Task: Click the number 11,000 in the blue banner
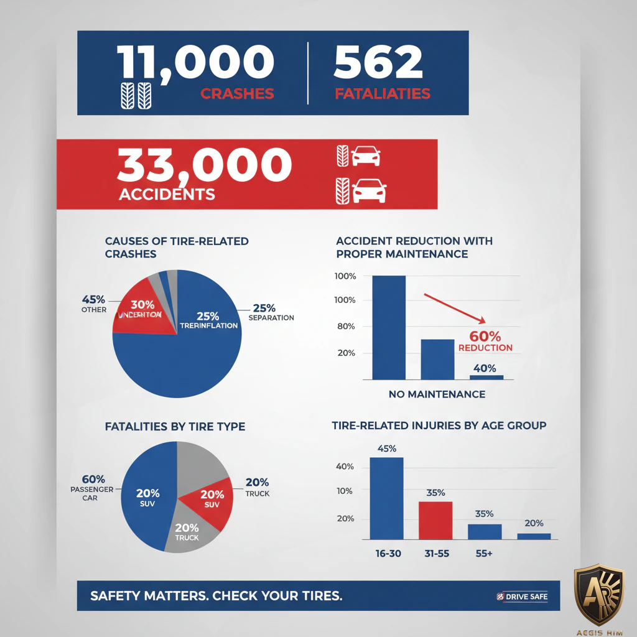pyautogui.click(x=195, y=63)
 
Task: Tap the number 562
pyautogui.click(x=378, y=63)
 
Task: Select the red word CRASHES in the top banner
pyautogui.click(x=237, y=94)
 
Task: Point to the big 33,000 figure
pyautogui.click(x=204, y=165)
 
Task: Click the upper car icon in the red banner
pyautogui.click(x=366, y=156)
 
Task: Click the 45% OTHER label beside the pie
pyautogui.click(x=94, y=303)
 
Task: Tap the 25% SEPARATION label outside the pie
pyautogui.click(x=271, y=312)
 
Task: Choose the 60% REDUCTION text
pyautogui.click(x=485, y=342)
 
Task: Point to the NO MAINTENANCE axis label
pyautogui.click(x=437, y=394)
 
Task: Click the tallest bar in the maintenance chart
pyautogui.click(x=388, y=327)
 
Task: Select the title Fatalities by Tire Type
pyautogui.click(x=175, y=427)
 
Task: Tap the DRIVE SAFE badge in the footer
pyautogui.click(x=522, y=597)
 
